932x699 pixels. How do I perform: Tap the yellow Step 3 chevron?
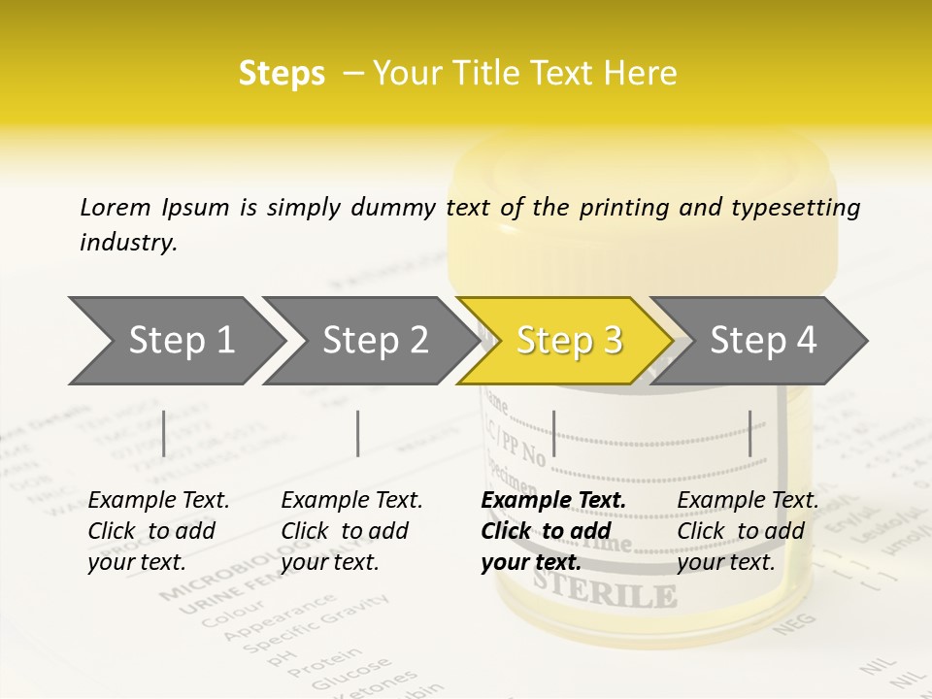click(x=569, y=341)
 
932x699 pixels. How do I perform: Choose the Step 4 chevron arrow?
click(x=763, y=341)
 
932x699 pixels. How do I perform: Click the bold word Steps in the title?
click(x=282, y=74)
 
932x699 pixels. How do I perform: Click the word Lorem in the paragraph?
click(x=116, y=207)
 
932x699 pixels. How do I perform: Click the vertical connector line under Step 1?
click(x=164, y=433)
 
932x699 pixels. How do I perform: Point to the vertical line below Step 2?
click(x=358, y=433)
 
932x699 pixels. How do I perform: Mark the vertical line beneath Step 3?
click(x=553, y=433)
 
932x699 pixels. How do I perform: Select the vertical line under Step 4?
click(x=750, y=433)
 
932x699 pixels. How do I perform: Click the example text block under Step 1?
click(x=158, y=531)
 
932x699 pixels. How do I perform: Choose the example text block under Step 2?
click(x=351, y=531)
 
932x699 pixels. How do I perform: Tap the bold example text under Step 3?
click(x=553, y=531)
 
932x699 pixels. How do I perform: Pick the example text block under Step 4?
click(x=748, y=531)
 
